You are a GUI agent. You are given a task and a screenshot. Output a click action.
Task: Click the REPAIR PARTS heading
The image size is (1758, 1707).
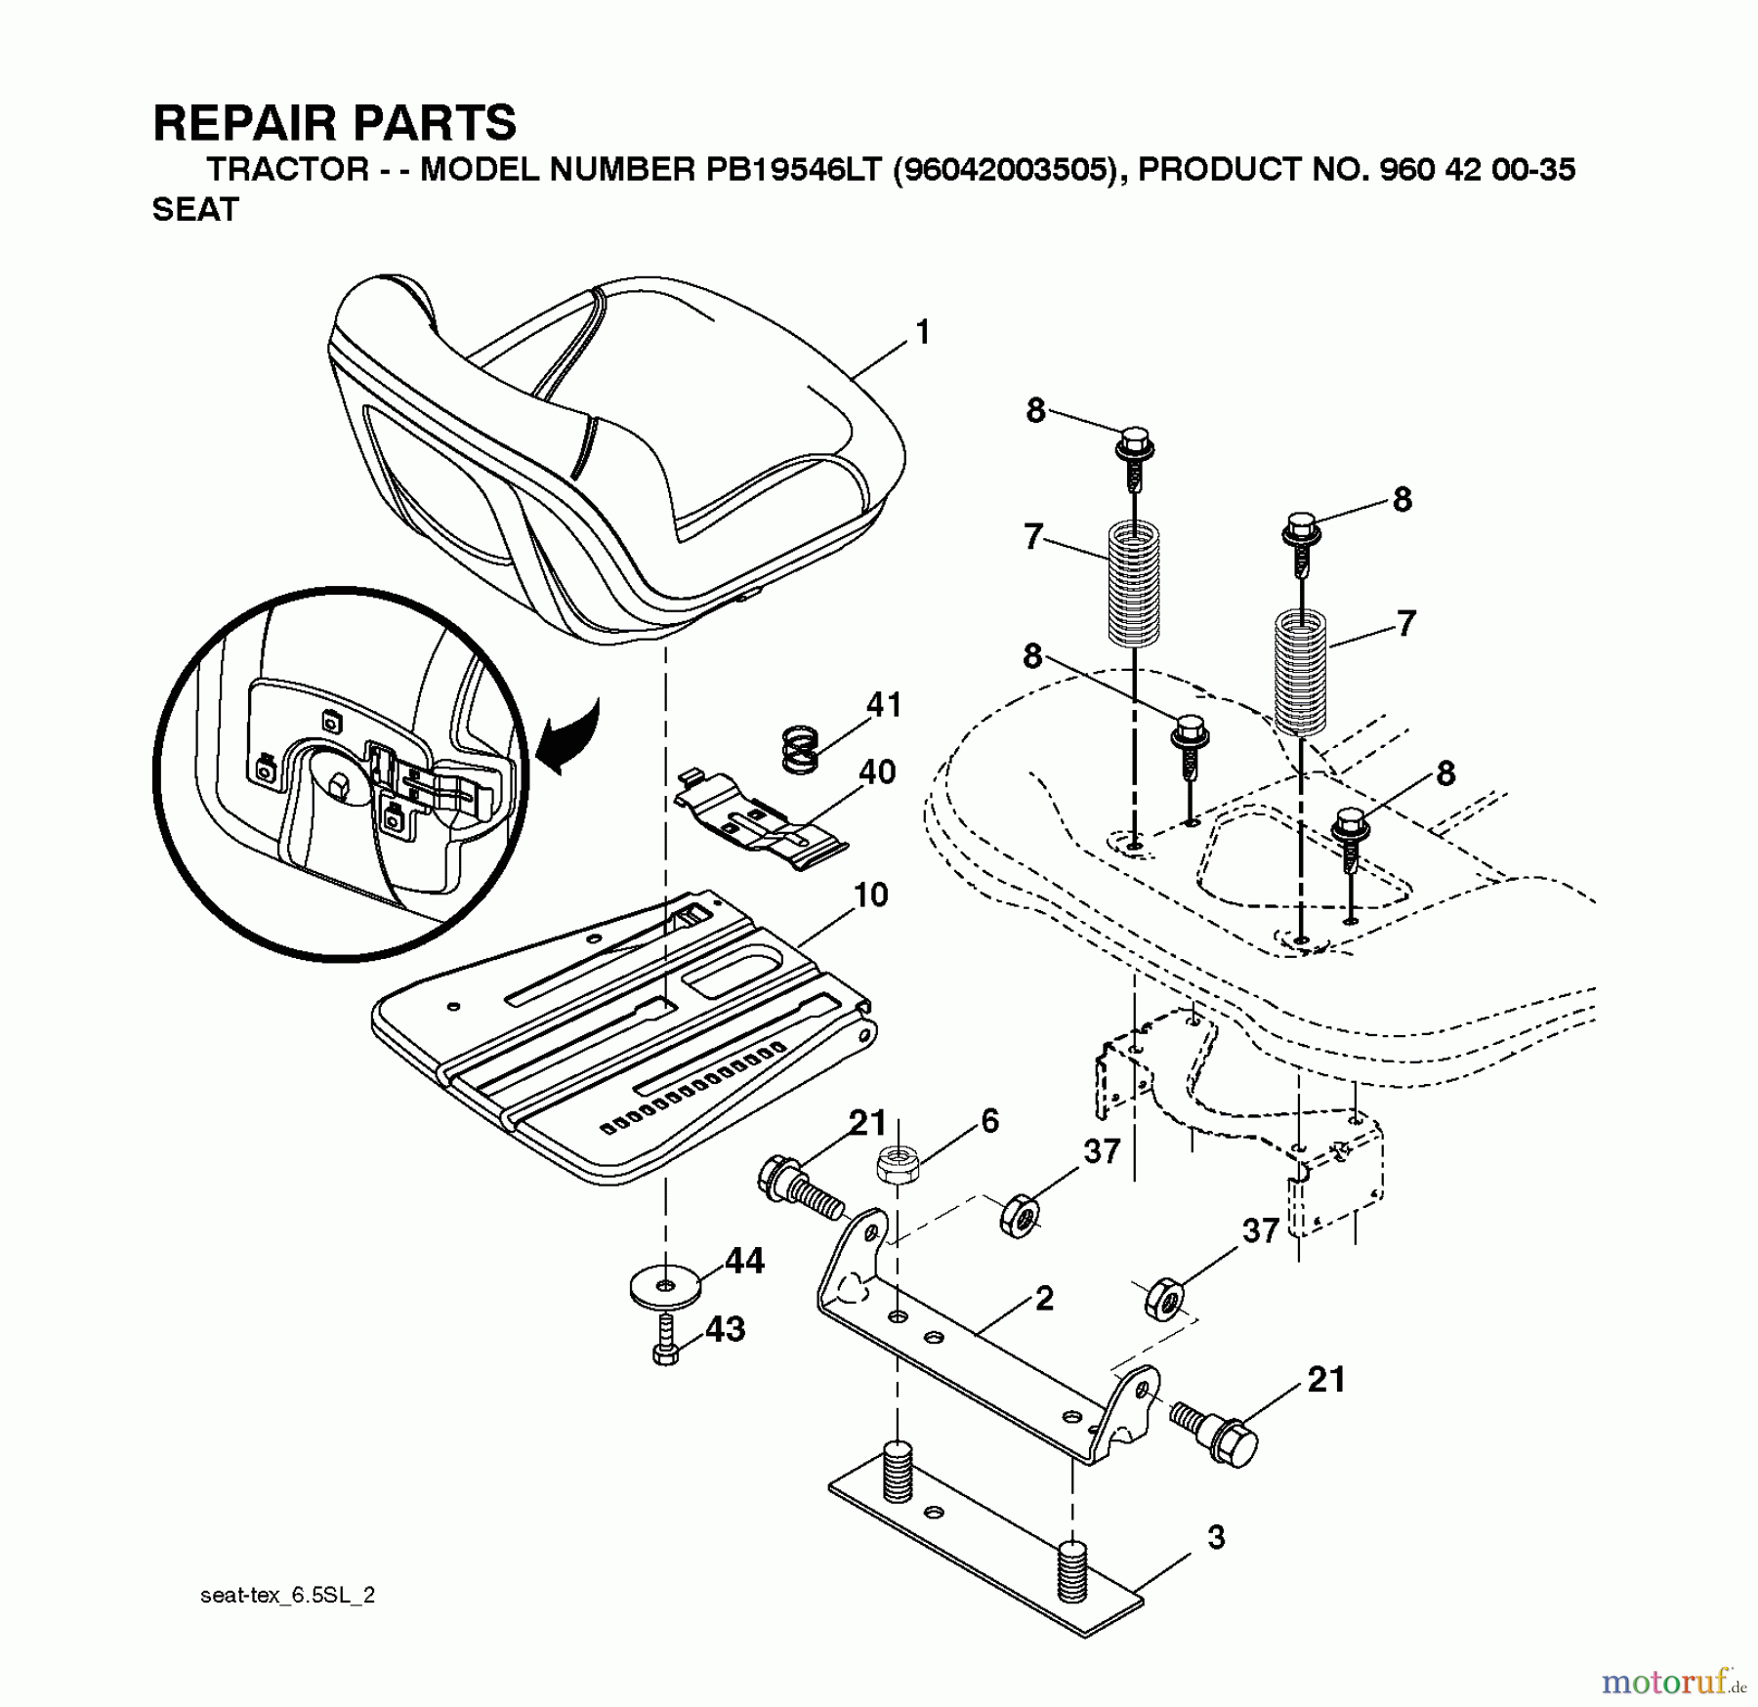point(334,124)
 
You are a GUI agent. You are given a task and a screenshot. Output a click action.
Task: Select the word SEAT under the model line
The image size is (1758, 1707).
point(195,210)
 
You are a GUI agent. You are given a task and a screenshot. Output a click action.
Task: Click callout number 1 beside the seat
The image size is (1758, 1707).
point(922,333)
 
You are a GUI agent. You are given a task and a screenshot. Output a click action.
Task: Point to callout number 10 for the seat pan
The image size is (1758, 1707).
point(870,895)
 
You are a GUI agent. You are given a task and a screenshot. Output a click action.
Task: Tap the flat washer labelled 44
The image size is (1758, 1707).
point(665,1287)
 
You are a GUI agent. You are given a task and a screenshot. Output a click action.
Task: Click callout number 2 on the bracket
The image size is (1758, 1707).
point(1044,1299)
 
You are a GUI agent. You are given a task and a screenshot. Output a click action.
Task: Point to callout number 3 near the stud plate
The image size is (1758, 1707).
point(1215,1538)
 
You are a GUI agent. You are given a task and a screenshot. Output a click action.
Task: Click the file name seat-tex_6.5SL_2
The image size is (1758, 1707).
point(287,1596)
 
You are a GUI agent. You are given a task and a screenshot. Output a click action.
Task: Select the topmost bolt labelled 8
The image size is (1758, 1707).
point(1134,448)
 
